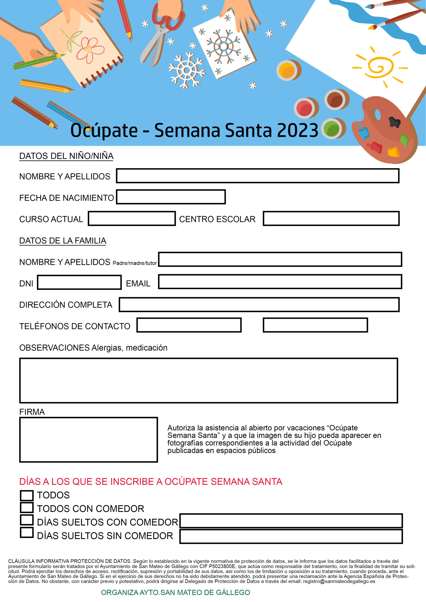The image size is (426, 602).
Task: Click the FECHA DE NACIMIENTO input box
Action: point(171,197)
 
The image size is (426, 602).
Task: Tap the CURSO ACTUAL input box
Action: point(132,218)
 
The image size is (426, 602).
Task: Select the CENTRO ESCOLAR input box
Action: point(331,218)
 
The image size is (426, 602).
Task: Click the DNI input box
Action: point(79,282)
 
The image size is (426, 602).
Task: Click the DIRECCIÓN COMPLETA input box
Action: point(259,305)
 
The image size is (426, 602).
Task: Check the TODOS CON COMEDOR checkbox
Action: point(27,508)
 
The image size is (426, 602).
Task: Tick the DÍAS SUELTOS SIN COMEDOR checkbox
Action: point(27,533)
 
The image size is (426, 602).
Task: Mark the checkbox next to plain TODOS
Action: point(27,495)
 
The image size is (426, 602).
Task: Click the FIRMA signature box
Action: point(88,440)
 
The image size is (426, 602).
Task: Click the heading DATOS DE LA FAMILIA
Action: point(62,241)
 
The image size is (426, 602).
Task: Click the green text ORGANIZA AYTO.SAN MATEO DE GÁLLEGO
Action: point(175,592)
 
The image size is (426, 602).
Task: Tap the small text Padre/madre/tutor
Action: point(135,263)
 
